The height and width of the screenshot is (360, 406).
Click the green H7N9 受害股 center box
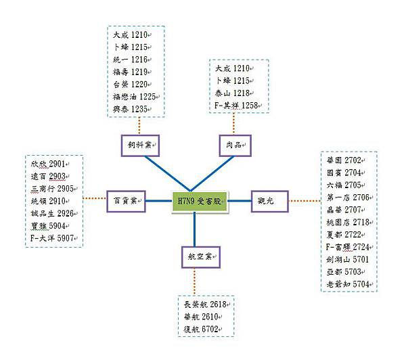tap(200, 201)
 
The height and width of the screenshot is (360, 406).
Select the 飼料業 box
tap(141, 145)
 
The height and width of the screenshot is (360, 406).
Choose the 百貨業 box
tap(127, 200)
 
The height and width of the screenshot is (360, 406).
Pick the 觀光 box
tap(269, 200)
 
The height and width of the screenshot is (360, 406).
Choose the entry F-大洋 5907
tap(52, 238)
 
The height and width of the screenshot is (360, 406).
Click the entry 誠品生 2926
tap(51, 214)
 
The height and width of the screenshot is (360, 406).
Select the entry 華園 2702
tap(343, 160)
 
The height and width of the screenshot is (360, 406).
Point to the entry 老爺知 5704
tap(346, 284)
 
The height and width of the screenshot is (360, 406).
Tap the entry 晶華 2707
tap(343, 210)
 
